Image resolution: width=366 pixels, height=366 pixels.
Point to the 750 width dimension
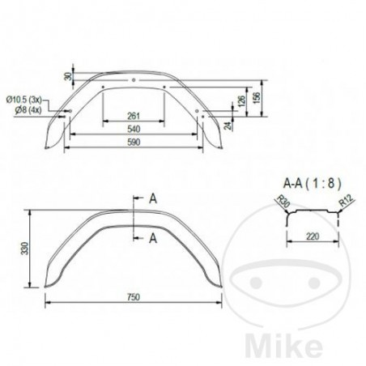[x=133, y=296]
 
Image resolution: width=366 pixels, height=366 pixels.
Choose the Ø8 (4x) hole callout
[x=27, y=107]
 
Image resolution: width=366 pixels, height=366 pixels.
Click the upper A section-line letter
[x=151, y=197]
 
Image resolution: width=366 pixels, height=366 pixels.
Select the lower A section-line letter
[x=151, y=236]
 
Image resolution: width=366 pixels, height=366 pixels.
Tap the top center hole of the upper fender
[x=133, y=80]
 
